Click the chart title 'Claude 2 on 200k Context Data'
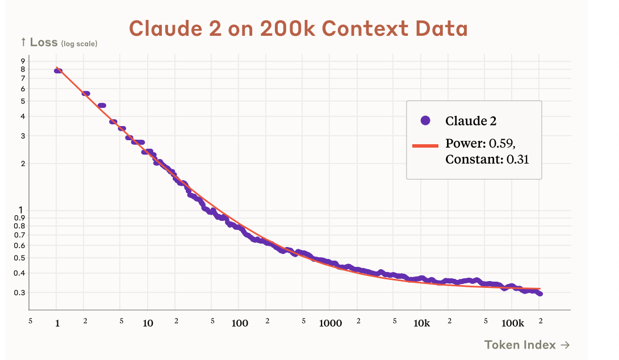point(298,28)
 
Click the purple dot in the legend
point(425,120)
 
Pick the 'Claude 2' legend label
point(471,120)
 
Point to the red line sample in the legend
point(425,145)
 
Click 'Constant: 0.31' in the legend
point(487,160)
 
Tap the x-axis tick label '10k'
point(421,323)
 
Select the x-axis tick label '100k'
point(512,323)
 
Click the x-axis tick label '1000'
point(331,323)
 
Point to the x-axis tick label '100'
point(240,323)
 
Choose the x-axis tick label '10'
point(148,323)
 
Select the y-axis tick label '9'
point(23,61)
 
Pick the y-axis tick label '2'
point(23,164)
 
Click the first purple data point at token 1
point(57,70)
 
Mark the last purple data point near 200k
point(539,294)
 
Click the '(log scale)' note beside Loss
point(79,44)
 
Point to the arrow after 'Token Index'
point(564,344)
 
